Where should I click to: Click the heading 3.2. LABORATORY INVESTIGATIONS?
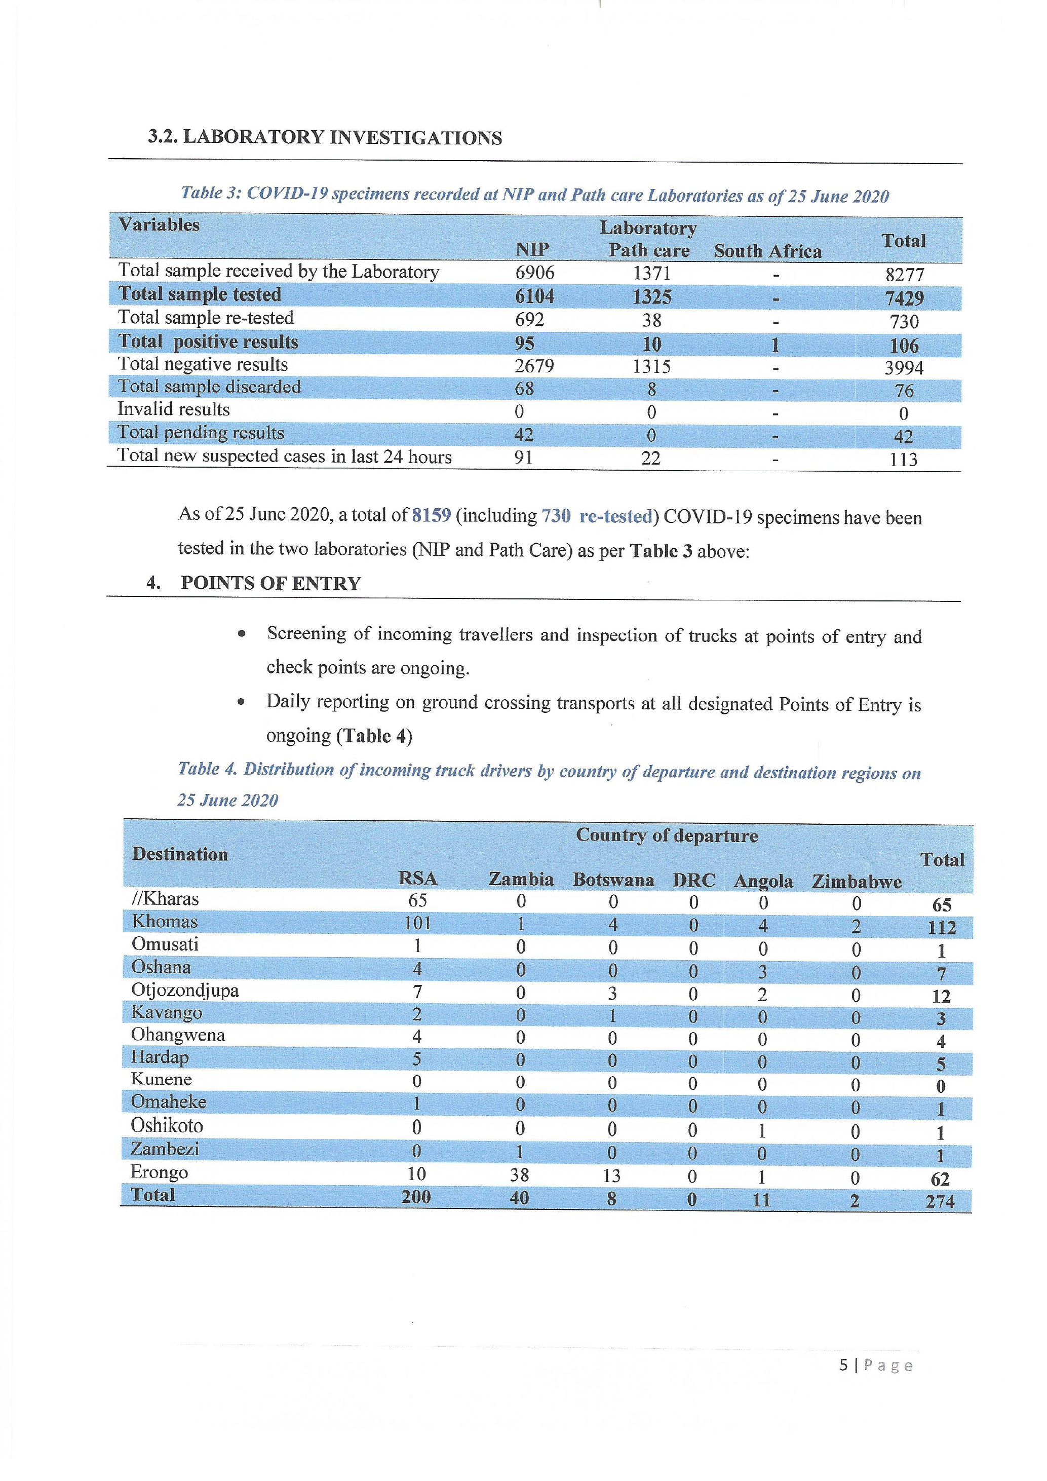[325, 137]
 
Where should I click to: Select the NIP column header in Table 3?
[532, 250]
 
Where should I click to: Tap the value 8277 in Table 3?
[905, 275]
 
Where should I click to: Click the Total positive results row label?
[208, 342]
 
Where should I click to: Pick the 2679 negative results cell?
[534, 366]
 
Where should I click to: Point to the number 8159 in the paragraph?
[431, 516]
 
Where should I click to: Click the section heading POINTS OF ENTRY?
[270, 583]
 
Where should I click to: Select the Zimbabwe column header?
[856, 881]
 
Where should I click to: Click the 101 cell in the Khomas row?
[417, 923]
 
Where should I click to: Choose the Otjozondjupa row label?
[185, 990]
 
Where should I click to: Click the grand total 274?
[940, 1201]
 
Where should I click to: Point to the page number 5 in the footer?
[844, 1365]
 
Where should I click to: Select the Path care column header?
[649, 250]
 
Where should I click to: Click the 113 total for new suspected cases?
[903, 459]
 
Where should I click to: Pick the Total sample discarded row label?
[210, 387]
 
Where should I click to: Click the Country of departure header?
[667, 836]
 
